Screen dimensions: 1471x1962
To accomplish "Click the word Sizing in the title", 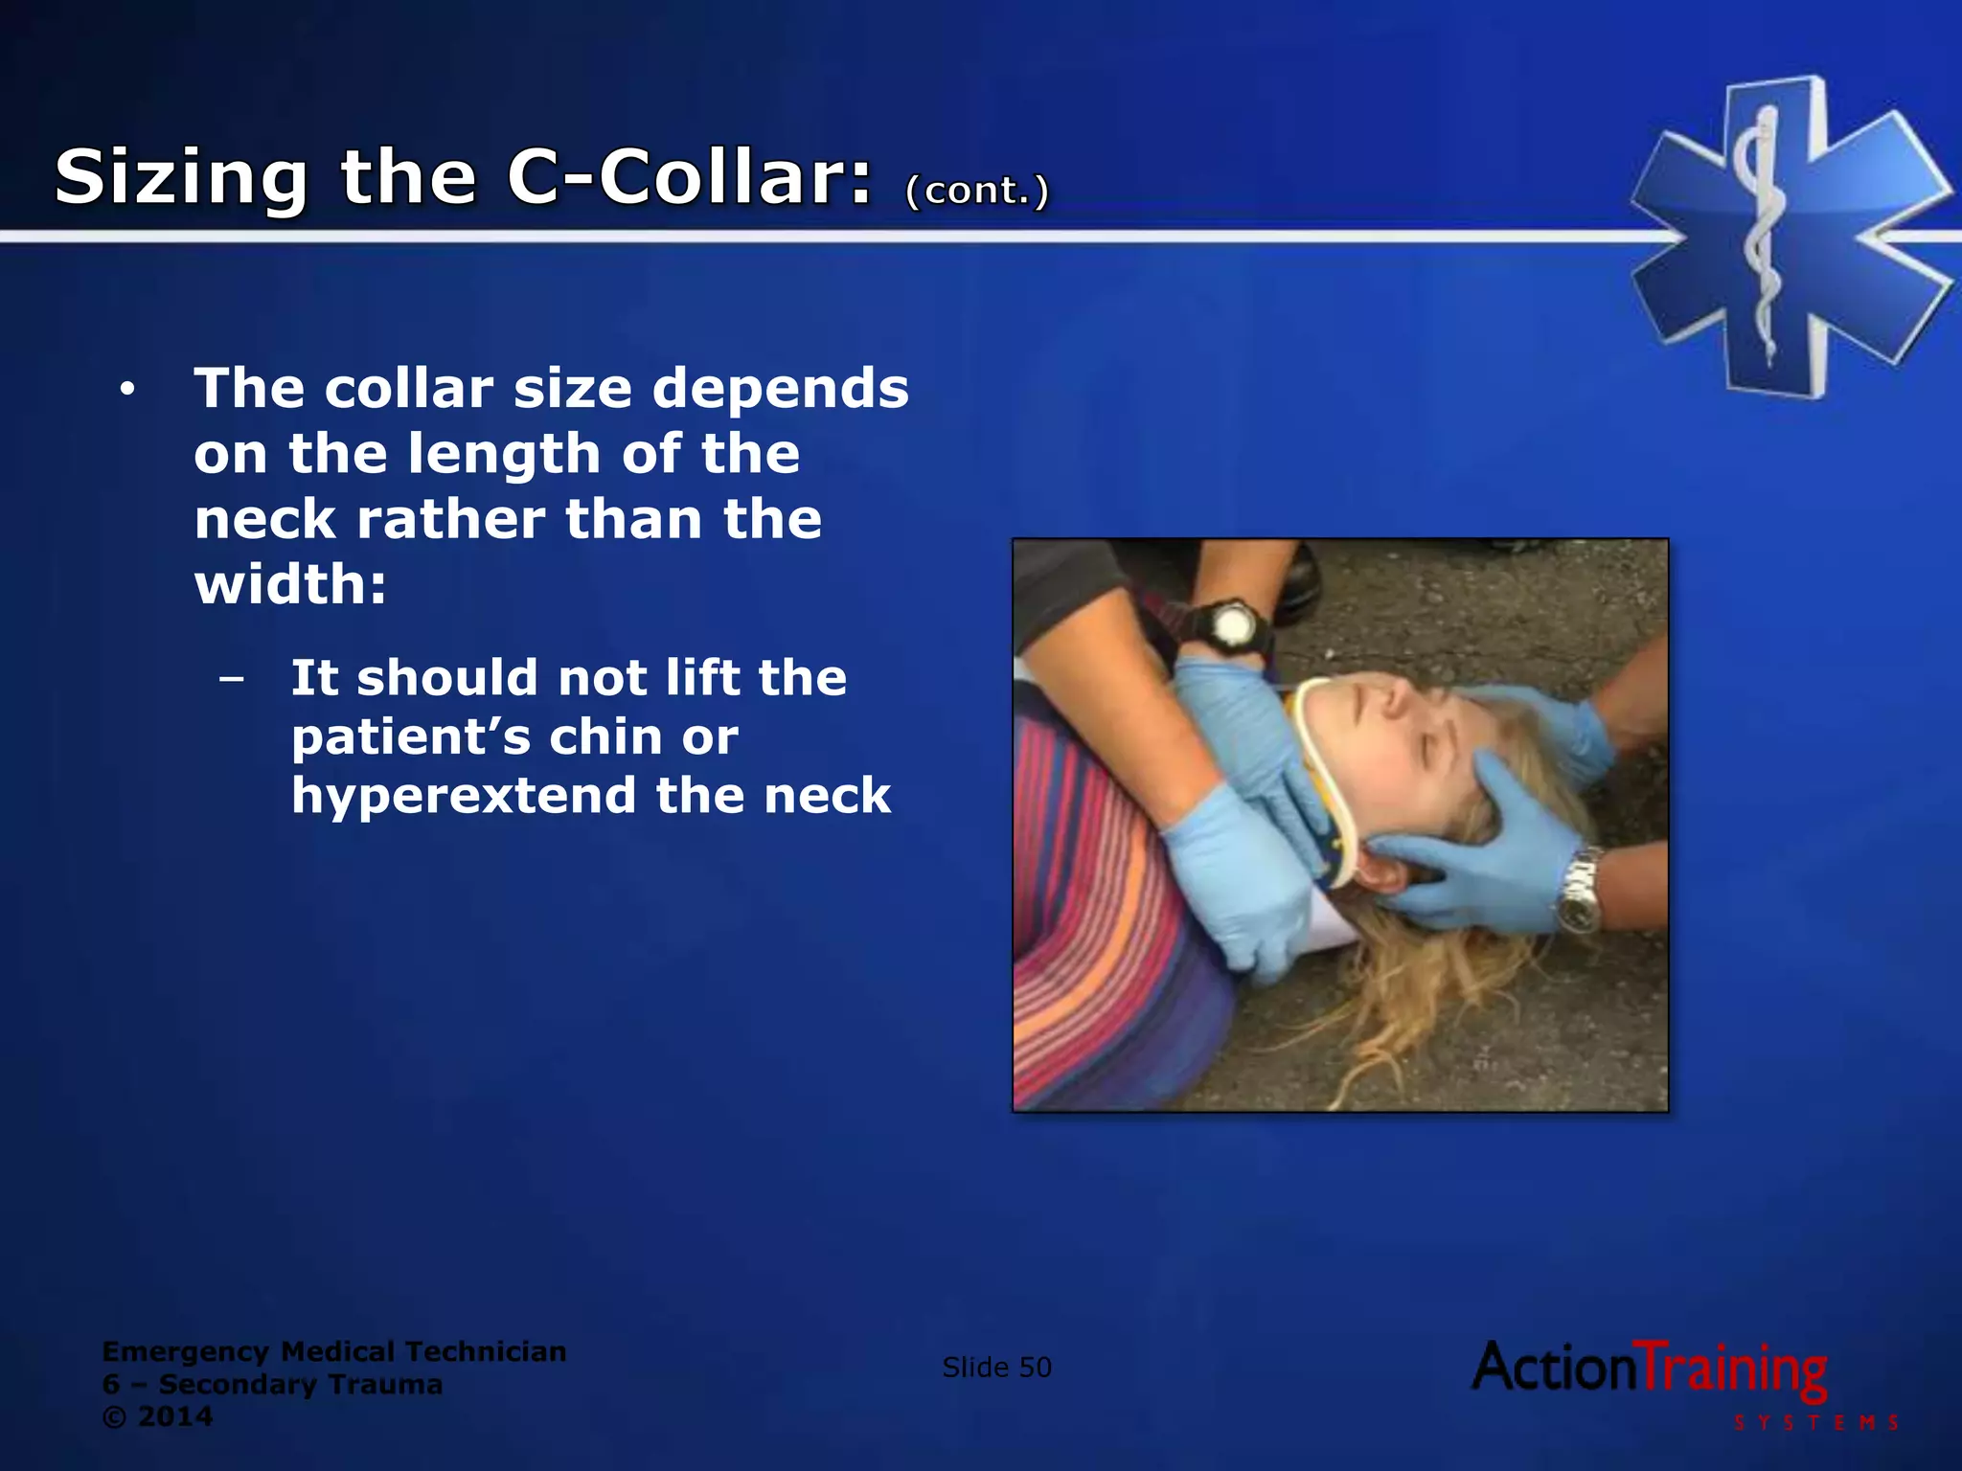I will [181, 178].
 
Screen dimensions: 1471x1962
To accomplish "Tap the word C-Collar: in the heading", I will [690, 178].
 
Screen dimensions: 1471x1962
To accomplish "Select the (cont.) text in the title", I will [977, 190].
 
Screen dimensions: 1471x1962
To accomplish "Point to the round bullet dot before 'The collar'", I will [127, 390].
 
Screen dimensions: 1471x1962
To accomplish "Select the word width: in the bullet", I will [290, 584].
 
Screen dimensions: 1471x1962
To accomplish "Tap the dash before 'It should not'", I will [231, 679].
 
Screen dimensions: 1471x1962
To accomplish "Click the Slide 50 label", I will [996, 1368].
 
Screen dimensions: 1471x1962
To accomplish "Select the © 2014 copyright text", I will [157, 1417].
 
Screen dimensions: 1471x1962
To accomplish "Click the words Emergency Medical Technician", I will [334, 1351].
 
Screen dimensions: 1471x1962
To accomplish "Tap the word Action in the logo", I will [1554, 1368].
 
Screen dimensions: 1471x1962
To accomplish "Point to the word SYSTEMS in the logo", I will [1816, 1423].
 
